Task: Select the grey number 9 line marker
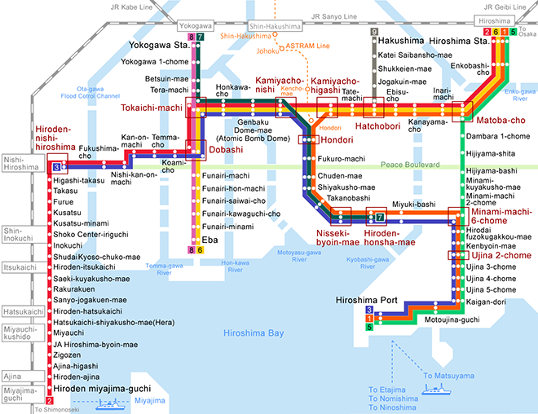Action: pyautogui.click(x=374, y=33)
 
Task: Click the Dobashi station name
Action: pyautogui.click(x=225, y=150)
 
